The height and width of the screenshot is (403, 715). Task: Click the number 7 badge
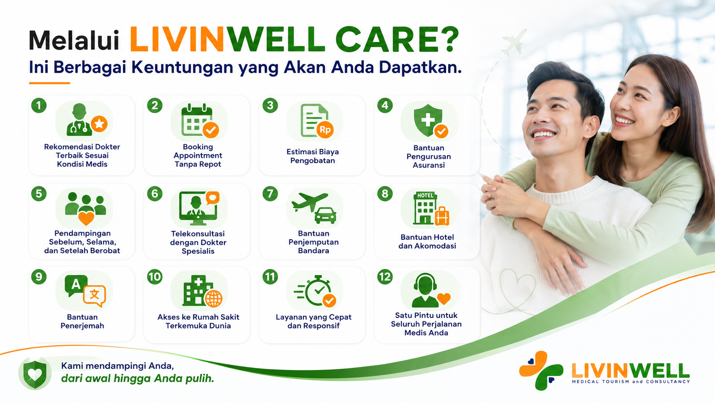(270, 194)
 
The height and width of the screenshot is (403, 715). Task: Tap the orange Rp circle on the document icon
(325, 129)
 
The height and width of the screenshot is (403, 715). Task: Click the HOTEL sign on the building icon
(425, 196)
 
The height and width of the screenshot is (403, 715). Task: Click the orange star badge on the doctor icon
(99, 124)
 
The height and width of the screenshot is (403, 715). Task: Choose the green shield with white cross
(428, 119)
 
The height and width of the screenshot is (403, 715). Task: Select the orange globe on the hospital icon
(213, 299)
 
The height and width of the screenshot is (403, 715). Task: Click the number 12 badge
(385, 277)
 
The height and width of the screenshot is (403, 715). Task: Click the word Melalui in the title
(74, 41)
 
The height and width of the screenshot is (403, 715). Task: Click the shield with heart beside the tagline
(35, 373)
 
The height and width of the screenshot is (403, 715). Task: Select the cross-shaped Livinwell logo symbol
(541, 371)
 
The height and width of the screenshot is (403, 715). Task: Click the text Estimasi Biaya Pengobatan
(313, 156)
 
